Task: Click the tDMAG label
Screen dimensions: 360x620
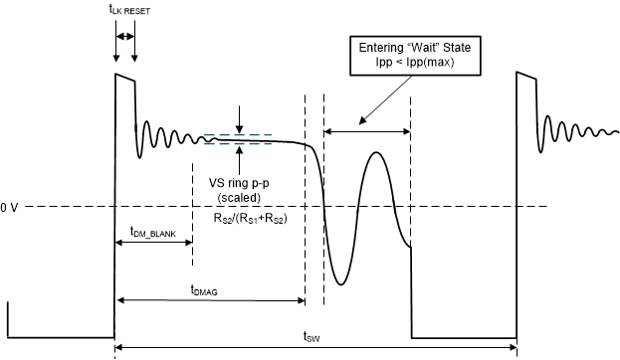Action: click(x=205, y=289)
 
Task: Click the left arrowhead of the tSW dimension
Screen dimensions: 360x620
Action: click(x=119, y=347)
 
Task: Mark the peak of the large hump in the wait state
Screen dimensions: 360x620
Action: click(x=376, y=152)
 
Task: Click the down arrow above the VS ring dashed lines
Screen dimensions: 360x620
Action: click(x=239, y=129)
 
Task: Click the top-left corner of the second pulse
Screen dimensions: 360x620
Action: click(x=517, y=73)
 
